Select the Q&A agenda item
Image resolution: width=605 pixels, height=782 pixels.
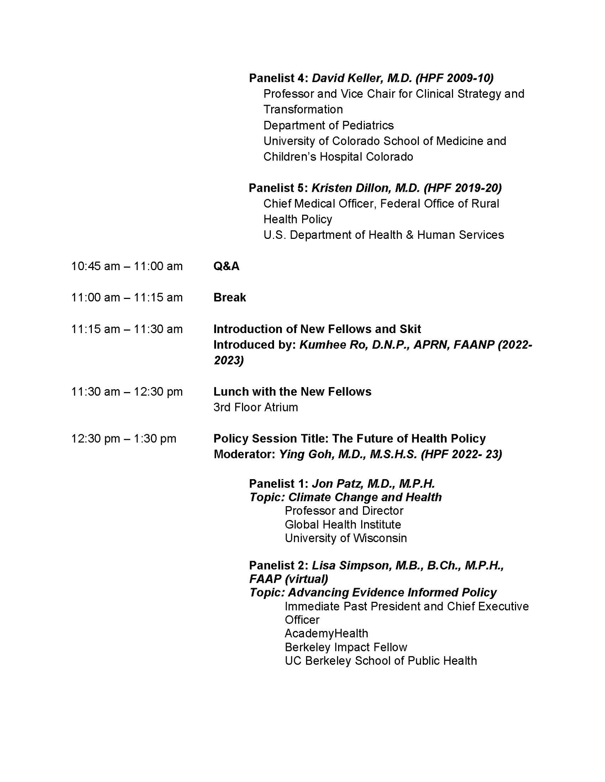(226, 266)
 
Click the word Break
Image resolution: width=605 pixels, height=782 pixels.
(229, 297)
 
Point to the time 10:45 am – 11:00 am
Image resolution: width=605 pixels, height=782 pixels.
(127, 266)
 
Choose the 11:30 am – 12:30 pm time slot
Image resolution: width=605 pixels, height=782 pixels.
(127, 391)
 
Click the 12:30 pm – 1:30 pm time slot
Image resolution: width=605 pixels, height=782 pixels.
(124, 438)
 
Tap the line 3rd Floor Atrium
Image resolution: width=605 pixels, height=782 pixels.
(255, 407)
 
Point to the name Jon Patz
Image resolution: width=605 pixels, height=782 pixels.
(337, 483)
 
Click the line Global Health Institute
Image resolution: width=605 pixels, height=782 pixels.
(342, 524)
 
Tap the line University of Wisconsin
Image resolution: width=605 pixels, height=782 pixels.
(345, 538)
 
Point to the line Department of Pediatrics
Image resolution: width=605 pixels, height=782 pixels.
(328, 125)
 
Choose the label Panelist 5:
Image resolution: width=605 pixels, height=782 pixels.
(278, 188)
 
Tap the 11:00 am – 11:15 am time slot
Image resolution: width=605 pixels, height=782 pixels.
(127, 297)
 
